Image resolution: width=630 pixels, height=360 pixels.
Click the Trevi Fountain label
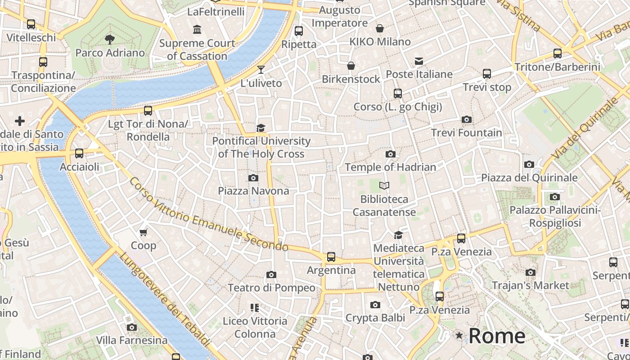(x=467, y=133)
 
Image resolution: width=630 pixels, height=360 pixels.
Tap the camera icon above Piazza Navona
(x=253, y=178)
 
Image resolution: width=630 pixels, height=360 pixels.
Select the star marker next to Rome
(x=459, y=335)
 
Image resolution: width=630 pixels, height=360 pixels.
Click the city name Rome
(x=497, y=336)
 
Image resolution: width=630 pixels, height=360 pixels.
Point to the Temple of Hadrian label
(x=390, y=167)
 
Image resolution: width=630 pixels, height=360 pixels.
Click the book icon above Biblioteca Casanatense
(x=384, y=185)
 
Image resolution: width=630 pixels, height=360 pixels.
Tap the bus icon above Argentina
(x=331, y=257)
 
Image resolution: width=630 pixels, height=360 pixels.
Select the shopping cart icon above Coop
(x=144, y=232)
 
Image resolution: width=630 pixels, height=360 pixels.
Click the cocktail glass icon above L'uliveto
(x=261, y=70)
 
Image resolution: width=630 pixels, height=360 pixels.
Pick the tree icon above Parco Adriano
(x=109, y=40)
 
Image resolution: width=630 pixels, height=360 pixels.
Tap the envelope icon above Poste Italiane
(x=419, y=61)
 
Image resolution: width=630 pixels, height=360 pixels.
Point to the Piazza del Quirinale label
(x=529, y=178)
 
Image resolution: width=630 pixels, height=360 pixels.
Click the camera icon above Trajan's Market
(x=531, y=272)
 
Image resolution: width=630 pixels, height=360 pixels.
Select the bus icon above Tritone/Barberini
(x=558, y=54)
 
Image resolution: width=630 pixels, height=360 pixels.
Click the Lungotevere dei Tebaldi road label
(x=165, y=299)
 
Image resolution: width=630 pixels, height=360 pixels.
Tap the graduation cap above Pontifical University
(x=261, y=128)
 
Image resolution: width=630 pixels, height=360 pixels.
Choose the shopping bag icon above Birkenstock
(x=351, y=66)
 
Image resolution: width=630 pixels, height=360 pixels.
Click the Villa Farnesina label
(x=132, y=340)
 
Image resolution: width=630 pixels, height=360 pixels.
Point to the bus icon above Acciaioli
(x=79, y=153)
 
